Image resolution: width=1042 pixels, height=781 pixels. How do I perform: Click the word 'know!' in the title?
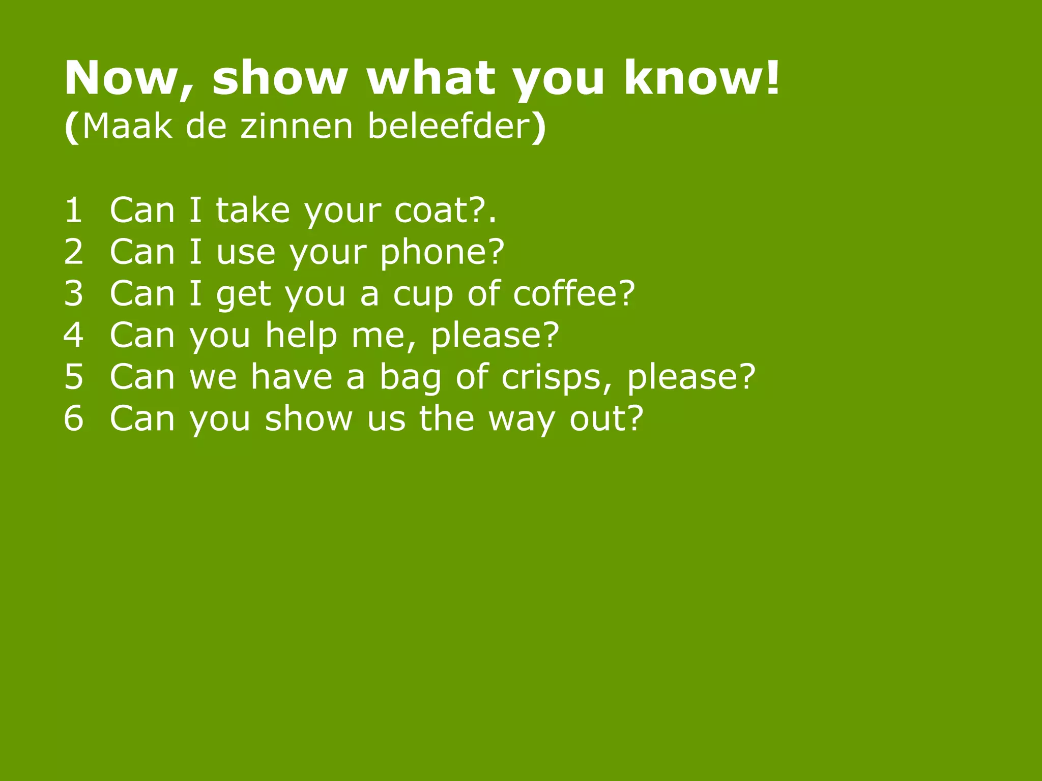coord(701,78)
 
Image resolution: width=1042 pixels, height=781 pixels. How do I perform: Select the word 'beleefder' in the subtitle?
coord(450,126)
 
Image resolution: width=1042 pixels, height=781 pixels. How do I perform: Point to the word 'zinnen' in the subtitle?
coord(297,126)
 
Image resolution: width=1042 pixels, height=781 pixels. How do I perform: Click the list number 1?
coord(73,210)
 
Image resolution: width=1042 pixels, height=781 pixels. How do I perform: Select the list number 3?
coord(73,293)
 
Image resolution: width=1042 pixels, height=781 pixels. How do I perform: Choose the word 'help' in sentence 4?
coord(301,336)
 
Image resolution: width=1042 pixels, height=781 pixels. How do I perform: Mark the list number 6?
coord(73,418)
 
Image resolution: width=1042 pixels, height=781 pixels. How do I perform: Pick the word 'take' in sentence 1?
coord(253,210)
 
